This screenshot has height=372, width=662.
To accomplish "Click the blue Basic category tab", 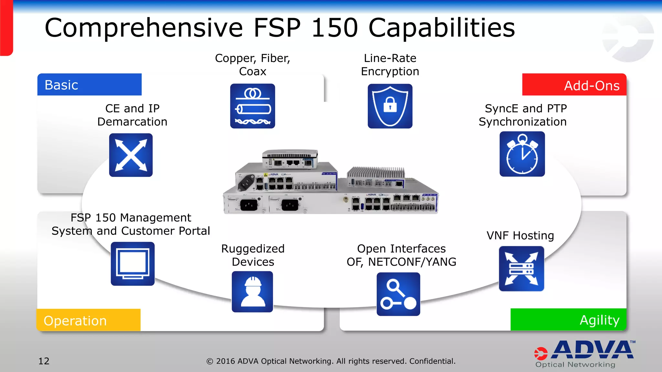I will click(89, 85).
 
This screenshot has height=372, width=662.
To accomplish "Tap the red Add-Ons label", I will click(574, 85).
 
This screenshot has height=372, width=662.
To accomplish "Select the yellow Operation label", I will click(88, 320).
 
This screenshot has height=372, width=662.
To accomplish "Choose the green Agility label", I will click(568, 320).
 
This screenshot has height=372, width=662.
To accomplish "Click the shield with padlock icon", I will click(390, 106).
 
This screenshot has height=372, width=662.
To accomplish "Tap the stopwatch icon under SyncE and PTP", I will click(522, 154).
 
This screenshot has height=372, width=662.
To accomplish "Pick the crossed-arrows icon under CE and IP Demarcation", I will click(131, 155).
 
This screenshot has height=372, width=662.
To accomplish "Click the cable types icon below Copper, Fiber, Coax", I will click(252, 106).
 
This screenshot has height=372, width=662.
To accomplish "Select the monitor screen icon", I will click(133, 264).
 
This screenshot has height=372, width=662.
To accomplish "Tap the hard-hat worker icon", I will click(252, 292).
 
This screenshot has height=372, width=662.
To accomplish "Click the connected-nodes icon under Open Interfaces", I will click(398, 294).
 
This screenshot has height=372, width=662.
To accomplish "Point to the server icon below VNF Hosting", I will click(521, 269).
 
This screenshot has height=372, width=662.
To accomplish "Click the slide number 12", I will click(44, 361).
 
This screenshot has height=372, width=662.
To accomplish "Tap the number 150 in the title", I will click(334, 28).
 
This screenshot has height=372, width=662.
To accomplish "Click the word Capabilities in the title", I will click(442, 28).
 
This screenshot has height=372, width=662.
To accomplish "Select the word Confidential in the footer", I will click(432, 361).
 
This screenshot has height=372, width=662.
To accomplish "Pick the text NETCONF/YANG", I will click(412, 262).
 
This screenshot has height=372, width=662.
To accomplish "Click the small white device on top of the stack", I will click(290, 159).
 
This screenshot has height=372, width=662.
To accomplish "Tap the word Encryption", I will click(390, 71).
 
